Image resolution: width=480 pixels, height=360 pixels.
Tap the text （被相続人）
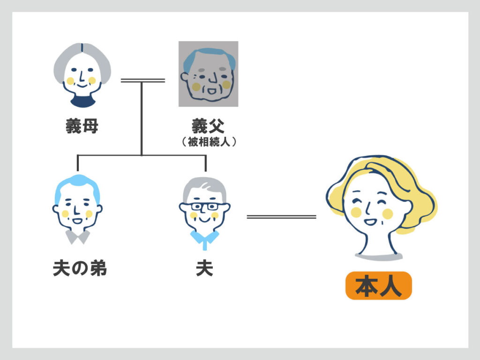point(208,142)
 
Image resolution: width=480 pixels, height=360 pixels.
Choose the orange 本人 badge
point(378,286)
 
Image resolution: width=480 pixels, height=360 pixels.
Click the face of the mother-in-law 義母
point(82,75)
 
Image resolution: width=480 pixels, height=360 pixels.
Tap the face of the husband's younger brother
point(77,209)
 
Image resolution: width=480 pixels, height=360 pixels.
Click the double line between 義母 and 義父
point(142,81)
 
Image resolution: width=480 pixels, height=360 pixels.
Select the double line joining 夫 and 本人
point(281,217)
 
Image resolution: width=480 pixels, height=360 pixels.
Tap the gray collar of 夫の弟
point(77,236)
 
